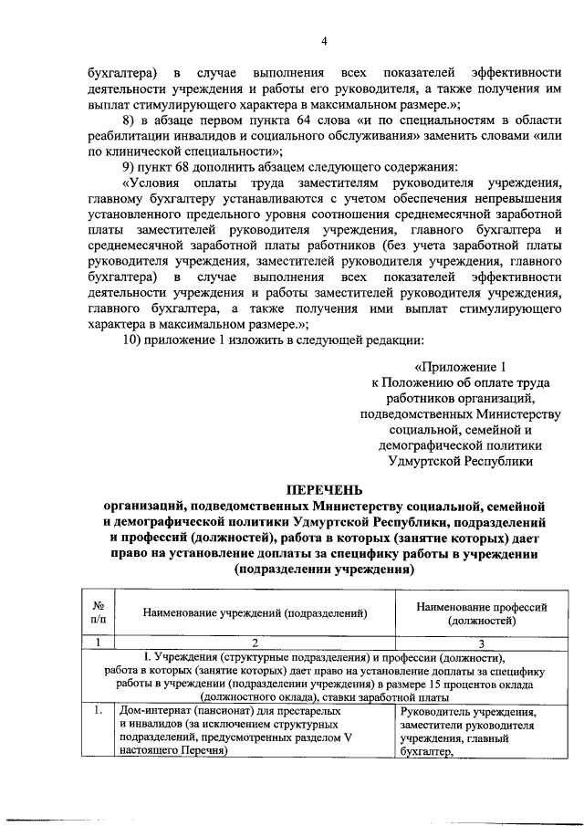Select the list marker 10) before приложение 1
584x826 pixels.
(132, 340)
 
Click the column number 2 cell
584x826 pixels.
(255, 642)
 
